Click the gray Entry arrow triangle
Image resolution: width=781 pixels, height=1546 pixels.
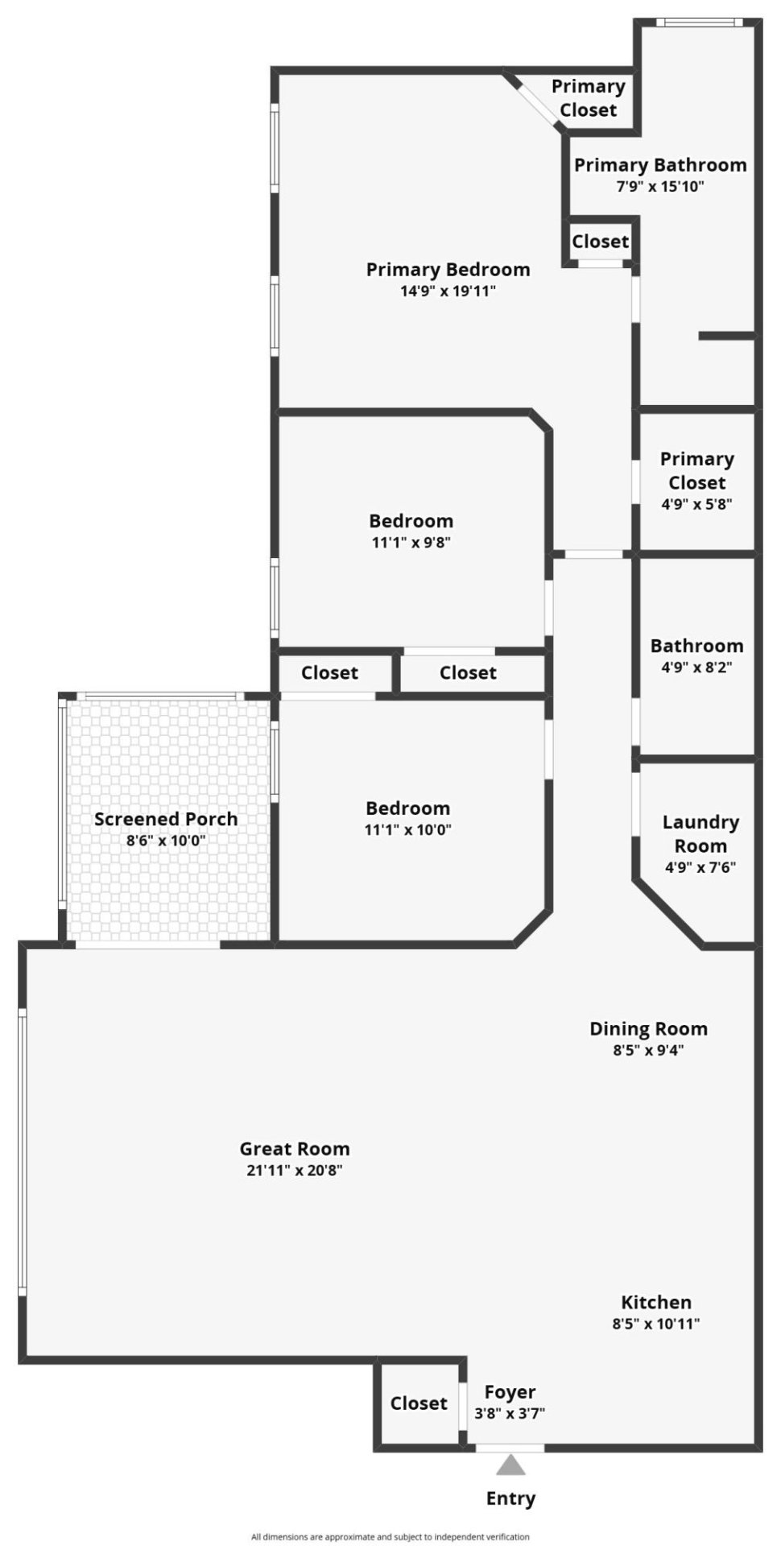coord(510,1465)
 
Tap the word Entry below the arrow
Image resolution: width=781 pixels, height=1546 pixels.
coord(510,1498)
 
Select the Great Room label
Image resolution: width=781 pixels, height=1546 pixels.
coord(295,1149)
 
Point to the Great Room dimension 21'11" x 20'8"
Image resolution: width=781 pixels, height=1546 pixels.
coord(295,1171)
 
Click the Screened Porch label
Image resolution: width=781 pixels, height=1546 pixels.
coord(166,819)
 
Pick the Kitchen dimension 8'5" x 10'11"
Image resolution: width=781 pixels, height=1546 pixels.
coord(656,1324)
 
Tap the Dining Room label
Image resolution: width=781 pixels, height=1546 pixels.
coord(648,1028)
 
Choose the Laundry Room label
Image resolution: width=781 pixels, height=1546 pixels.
coord(700,833)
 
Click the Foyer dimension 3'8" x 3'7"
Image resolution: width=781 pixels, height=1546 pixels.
coord(510,1413)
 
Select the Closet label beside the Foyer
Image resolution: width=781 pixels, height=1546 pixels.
coord(419,1403)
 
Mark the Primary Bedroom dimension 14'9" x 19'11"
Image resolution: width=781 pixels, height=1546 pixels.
coord(448,291)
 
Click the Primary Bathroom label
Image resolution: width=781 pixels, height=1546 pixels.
coord(660,165)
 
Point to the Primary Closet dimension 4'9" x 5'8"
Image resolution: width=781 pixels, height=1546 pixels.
coord(696,505)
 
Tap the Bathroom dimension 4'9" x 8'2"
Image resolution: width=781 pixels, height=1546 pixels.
coord(696,668)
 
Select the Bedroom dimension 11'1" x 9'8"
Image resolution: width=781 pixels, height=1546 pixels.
coord(411,543)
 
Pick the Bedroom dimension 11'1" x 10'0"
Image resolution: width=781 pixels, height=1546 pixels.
coord(407,830)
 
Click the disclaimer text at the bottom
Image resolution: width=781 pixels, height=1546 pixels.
coord(390,1536)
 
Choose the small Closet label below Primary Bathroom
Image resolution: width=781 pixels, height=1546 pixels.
coord(601,242)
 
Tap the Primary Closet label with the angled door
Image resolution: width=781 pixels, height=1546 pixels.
coord(589,98)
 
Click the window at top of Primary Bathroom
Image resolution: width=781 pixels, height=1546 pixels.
coord(697,23)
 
